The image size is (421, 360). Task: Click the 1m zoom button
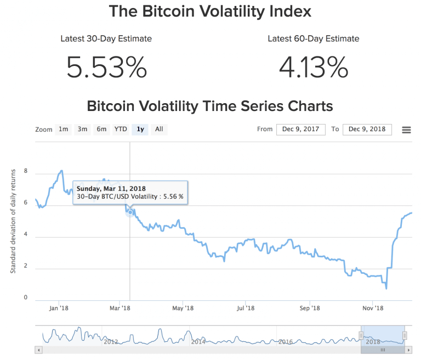(x=64, y=130)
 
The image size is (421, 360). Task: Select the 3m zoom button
(x=82, y=130)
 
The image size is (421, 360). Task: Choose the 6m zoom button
(x=101, y=130)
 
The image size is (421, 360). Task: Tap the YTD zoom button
(x=121, y=130)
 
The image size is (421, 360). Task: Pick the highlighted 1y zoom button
(x=140, y=130)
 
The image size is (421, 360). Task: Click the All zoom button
(x=159, y=130)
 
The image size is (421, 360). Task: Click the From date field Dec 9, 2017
(x=300, y=130)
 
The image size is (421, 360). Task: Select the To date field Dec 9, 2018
(x=367, y=130)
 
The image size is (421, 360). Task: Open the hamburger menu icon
(x=406, y=130)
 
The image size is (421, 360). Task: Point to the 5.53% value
(x=106, y=67)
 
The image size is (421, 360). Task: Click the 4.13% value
(x=313, y=67)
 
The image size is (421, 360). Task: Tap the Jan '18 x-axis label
(x=58, y=308)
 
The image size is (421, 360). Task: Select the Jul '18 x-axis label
(x=246, y=308)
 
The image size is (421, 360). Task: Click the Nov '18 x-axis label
(x=372, y=308)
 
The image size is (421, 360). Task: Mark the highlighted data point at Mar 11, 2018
(x=130, y=212)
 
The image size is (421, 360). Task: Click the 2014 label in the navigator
(x=198, y=341)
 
